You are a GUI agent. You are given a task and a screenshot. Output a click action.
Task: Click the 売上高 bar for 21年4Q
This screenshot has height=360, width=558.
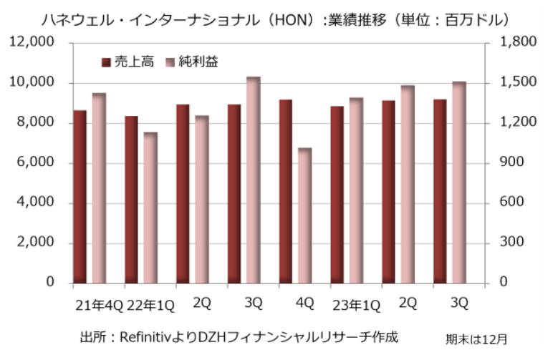80,197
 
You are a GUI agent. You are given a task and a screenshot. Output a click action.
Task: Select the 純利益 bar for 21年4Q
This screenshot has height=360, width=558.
98,188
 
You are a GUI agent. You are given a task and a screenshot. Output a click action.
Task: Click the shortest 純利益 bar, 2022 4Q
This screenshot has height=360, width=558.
304,215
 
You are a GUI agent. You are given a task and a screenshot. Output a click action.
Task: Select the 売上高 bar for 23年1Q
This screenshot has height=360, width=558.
337,195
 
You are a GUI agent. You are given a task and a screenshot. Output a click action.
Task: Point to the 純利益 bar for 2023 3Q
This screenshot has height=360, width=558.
458,183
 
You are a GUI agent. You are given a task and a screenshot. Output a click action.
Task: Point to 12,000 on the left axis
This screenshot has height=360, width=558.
32,43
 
